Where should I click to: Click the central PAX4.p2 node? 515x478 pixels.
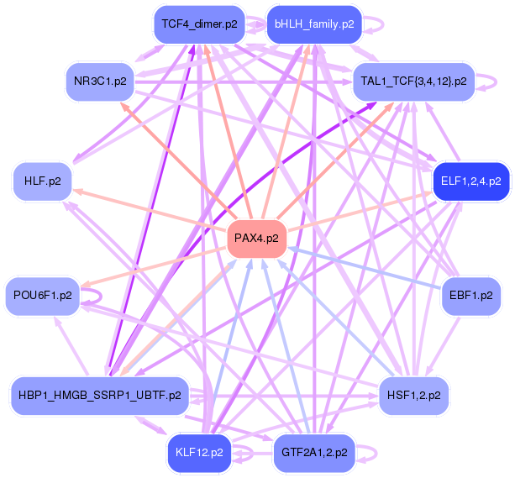(257, 239)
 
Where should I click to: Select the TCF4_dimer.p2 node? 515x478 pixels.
(199, 24)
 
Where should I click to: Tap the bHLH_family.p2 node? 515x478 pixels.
(314, 24)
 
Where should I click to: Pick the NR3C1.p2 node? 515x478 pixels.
(100, 81)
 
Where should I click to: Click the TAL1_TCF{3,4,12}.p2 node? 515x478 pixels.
(413, 81)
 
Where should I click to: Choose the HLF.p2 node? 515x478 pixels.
(42, 181)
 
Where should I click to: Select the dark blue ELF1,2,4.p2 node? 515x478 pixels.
(471, 181)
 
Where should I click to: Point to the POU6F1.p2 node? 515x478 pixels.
(42, 296)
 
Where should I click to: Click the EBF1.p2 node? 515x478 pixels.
(471, 296)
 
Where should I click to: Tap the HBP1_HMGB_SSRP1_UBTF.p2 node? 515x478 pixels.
(100, 396)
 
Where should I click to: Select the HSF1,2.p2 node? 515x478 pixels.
(413, 396)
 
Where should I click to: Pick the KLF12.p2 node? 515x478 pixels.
(199, 453)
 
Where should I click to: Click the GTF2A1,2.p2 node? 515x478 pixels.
(314, 453)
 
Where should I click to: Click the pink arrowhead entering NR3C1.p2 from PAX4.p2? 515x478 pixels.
(123, 106)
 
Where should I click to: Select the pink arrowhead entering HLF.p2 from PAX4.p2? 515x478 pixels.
(76, 191)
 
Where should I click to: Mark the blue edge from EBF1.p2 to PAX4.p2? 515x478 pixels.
(365, 268)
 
